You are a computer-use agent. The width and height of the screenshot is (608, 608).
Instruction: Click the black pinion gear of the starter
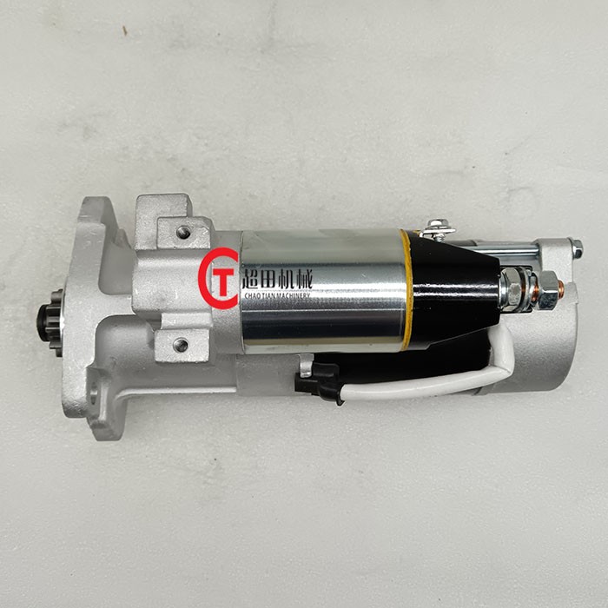[x=49, y=322]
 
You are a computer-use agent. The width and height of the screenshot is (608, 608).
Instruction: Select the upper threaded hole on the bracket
[x=183, y=232]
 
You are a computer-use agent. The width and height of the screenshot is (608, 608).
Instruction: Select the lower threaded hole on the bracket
[x=181, y=345]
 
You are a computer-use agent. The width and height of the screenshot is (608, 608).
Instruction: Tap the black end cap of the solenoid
[x=452, y=287]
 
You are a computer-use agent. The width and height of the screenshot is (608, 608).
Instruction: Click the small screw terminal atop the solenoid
[x=437, y=229]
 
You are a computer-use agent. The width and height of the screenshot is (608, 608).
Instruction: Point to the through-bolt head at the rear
[x=576, y=249]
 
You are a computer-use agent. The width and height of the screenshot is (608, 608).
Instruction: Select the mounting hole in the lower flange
[x=92, y=395]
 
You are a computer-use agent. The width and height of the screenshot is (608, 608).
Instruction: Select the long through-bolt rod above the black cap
[x=512, y=252]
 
